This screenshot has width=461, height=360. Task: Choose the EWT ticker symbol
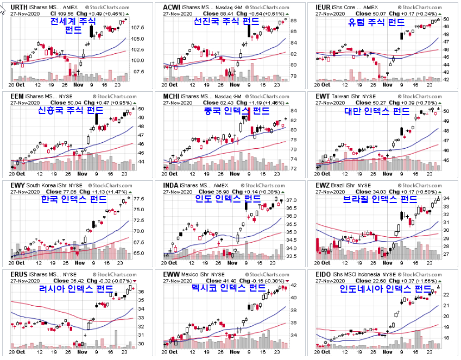323,96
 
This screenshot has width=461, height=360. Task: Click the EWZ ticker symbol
323,186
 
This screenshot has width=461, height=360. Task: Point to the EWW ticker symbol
172,275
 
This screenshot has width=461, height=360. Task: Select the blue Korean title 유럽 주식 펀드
376,22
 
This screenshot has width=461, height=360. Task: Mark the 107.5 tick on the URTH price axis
137,27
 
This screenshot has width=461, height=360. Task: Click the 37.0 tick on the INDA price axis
291,201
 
